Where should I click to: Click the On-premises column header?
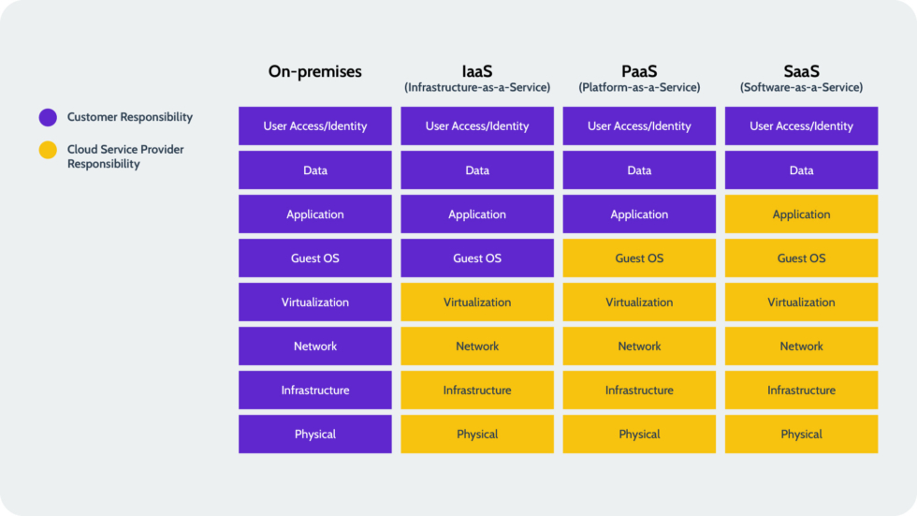tap(314, 71)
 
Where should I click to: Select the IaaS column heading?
tap(477, 70)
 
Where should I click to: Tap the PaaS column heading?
tap(639, 70)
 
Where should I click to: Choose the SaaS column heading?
tap(801, 70)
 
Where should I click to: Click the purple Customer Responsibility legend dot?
tap(48, 118)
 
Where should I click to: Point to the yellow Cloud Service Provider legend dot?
tap(48, 150)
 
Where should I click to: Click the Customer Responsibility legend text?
tap(130, 117)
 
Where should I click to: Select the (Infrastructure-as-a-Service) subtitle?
tap(477, 87)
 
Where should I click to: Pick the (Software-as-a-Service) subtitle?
tap(801, 87)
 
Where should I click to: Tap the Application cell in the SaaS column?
tap(801, 214)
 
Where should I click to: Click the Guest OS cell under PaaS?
tap(639, 258)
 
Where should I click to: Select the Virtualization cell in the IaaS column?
tap(477, 302)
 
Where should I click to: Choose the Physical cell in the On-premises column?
tap(315, 435)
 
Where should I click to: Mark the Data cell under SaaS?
tap(801, 170)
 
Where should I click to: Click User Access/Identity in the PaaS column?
tap(639, 126)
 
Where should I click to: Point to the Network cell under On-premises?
tap(315, 346)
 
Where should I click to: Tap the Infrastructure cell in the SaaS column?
tap(801, 391)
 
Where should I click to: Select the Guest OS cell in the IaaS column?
tap(477, 258)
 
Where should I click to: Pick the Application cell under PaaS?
tap(639, 214)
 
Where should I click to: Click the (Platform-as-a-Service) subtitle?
tap(639, 87)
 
